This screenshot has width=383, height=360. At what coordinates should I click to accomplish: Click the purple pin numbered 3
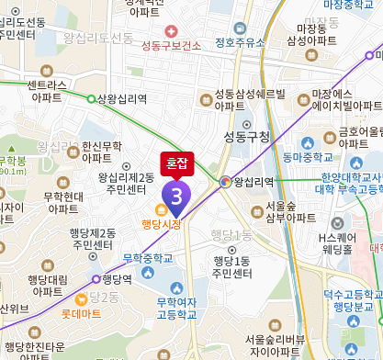(175, 196)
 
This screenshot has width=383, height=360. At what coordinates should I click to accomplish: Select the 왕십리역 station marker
(225, 182)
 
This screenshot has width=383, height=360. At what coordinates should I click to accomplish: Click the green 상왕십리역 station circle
(91, 98)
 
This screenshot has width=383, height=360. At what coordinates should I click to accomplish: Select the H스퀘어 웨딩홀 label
(336, 242)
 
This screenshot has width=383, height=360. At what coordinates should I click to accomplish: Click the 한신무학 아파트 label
(101, 152)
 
